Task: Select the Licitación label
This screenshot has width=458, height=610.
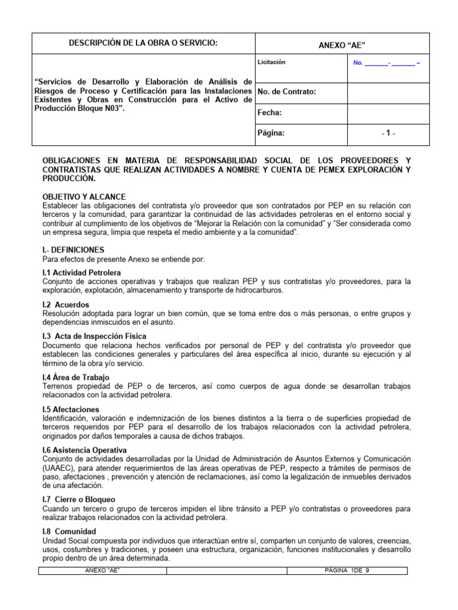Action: coord(271,62)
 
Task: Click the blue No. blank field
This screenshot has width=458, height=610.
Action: coord(386,63)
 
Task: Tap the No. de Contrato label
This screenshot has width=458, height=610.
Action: coord(286,92)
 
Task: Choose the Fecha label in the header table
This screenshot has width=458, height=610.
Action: coord(269,113)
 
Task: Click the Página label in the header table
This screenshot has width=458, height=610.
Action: coord(271,133)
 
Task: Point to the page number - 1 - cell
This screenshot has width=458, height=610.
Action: coord(388,134)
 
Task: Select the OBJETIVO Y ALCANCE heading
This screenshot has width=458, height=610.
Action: coord(84,197)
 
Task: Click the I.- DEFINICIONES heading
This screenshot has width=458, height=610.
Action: coord(73,250)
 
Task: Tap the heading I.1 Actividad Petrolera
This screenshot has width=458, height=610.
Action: coord(82,272)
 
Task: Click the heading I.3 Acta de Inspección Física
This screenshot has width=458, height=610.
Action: coord(94,337)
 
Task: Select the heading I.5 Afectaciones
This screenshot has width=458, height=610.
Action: coord(71,409)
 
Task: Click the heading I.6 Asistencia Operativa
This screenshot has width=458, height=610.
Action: coord(84,450)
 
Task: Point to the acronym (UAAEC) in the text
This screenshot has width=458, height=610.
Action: coord(58,468)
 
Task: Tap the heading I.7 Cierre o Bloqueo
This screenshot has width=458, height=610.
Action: coord(79,499)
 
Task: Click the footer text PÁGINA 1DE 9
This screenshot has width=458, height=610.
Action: coord(347,571)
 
